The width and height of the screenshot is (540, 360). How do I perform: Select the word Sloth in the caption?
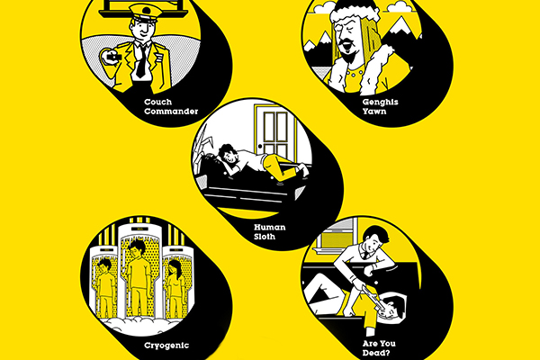[x=266, y=239]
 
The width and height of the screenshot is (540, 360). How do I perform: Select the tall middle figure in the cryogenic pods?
[x=138, y=270]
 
